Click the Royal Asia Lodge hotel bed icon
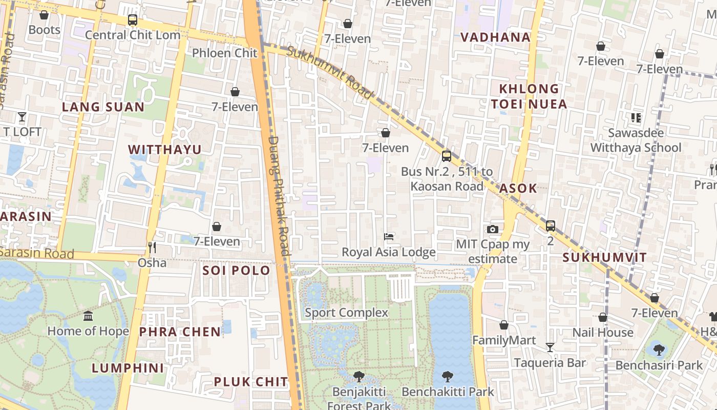[389, 237]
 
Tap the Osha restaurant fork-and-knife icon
[152, 248]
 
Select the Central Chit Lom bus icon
[133, 20]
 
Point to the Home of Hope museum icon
[88, 316]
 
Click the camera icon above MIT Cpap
[493, 229]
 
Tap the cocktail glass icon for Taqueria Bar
[550, 347]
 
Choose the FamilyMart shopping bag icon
[504, 325]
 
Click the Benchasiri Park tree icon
[659, 350]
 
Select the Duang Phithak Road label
[279, 195]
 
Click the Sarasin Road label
[37, 253]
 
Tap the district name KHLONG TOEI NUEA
[529, 96]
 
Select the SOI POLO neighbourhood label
[236, 270]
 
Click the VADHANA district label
[495, 37]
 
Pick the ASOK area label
[518, 188]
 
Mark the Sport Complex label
[347, 312]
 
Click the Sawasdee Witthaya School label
[636, 140]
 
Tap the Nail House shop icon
[603, 317]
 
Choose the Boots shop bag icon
[44, 15]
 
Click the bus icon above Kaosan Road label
[447, 156]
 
